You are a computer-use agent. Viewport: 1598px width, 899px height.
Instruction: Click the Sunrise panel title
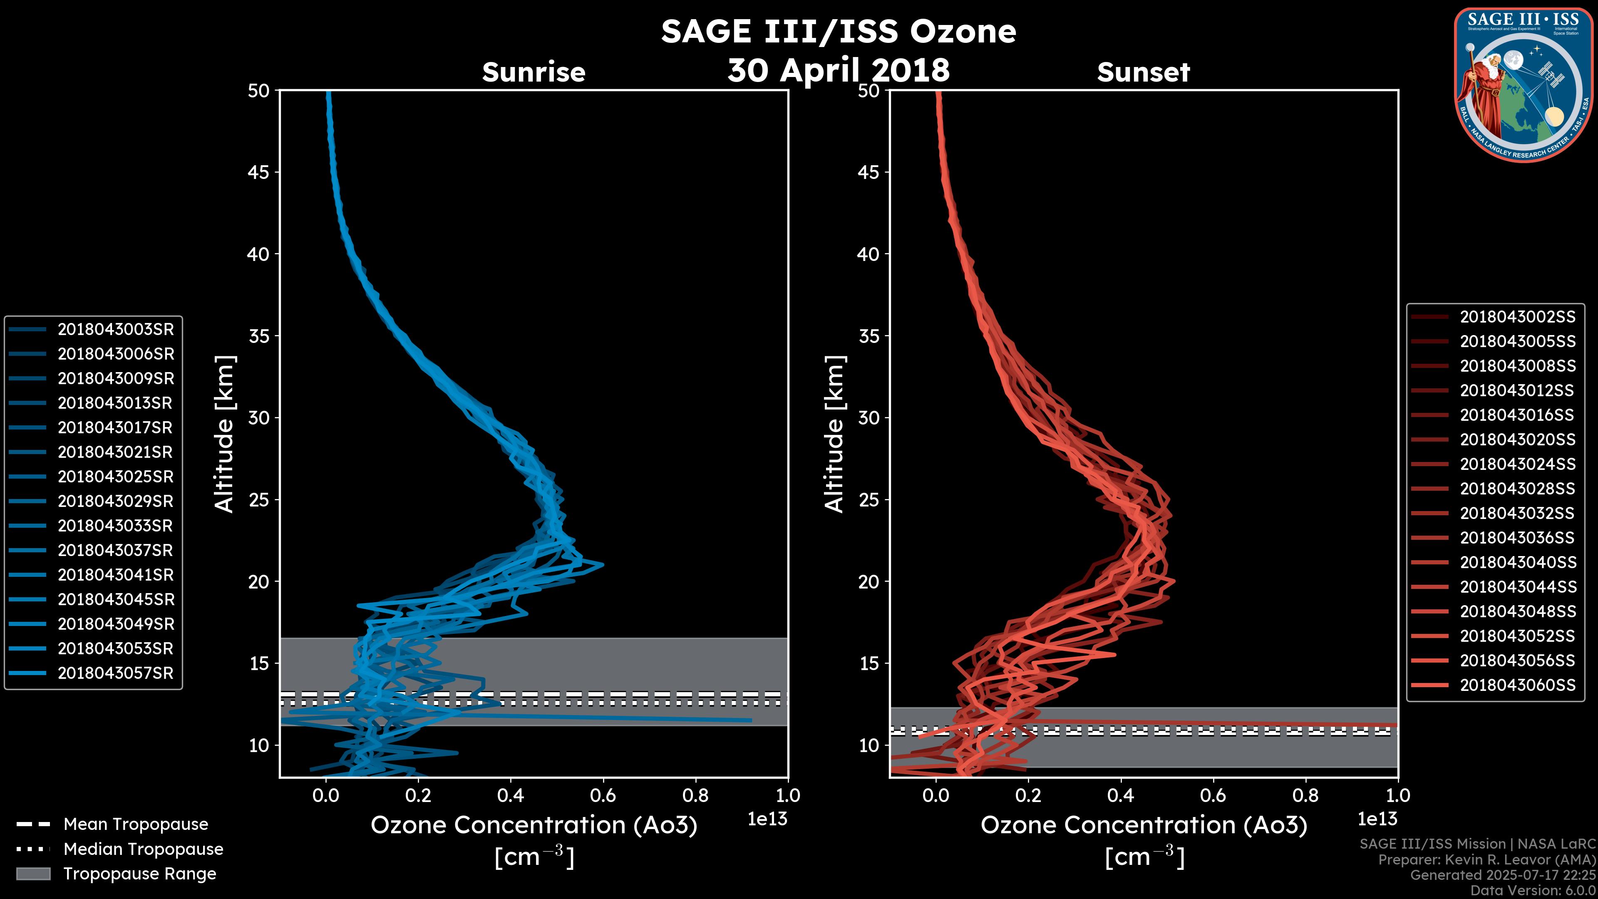click(533, 72)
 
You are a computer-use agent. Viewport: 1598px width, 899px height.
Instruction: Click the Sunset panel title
click(1143, 72)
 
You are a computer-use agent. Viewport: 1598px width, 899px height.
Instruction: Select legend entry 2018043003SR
click(115, 330)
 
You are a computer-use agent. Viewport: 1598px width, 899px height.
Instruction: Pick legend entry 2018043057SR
click(115, 673)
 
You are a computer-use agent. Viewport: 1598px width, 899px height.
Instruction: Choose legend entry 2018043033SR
click(115, 526)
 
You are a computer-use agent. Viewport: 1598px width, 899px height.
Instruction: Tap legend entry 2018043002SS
click(1517, 317)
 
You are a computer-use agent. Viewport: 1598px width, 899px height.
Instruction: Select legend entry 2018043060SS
click(1517, 685)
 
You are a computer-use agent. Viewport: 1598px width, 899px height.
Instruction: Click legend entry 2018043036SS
click(1517, 538)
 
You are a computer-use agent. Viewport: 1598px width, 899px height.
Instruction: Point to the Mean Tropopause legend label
click(136, 824)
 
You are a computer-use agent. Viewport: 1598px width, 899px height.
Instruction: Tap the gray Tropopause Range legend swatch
click(33, 874)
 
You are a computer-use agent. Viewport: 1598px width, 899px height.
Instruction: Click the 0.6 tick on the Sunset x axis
click(1213, 795)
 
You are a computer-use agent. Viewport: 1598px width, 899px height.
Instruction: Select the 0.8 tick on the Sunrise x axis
click(695, 795)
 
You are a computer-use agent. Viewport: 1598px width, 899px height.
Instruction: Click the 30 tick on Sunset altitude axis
click(868, 417)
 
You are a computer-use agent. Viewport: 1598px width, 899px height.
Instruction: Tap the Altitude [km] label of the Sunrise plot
click(224, 434)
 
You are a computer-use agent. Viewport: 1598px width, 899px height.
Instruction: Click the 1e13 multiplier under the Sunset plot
click(1377, 819)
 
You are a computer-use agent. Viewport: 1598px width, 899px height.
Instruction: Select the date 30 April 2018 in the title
click(838, 70)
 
